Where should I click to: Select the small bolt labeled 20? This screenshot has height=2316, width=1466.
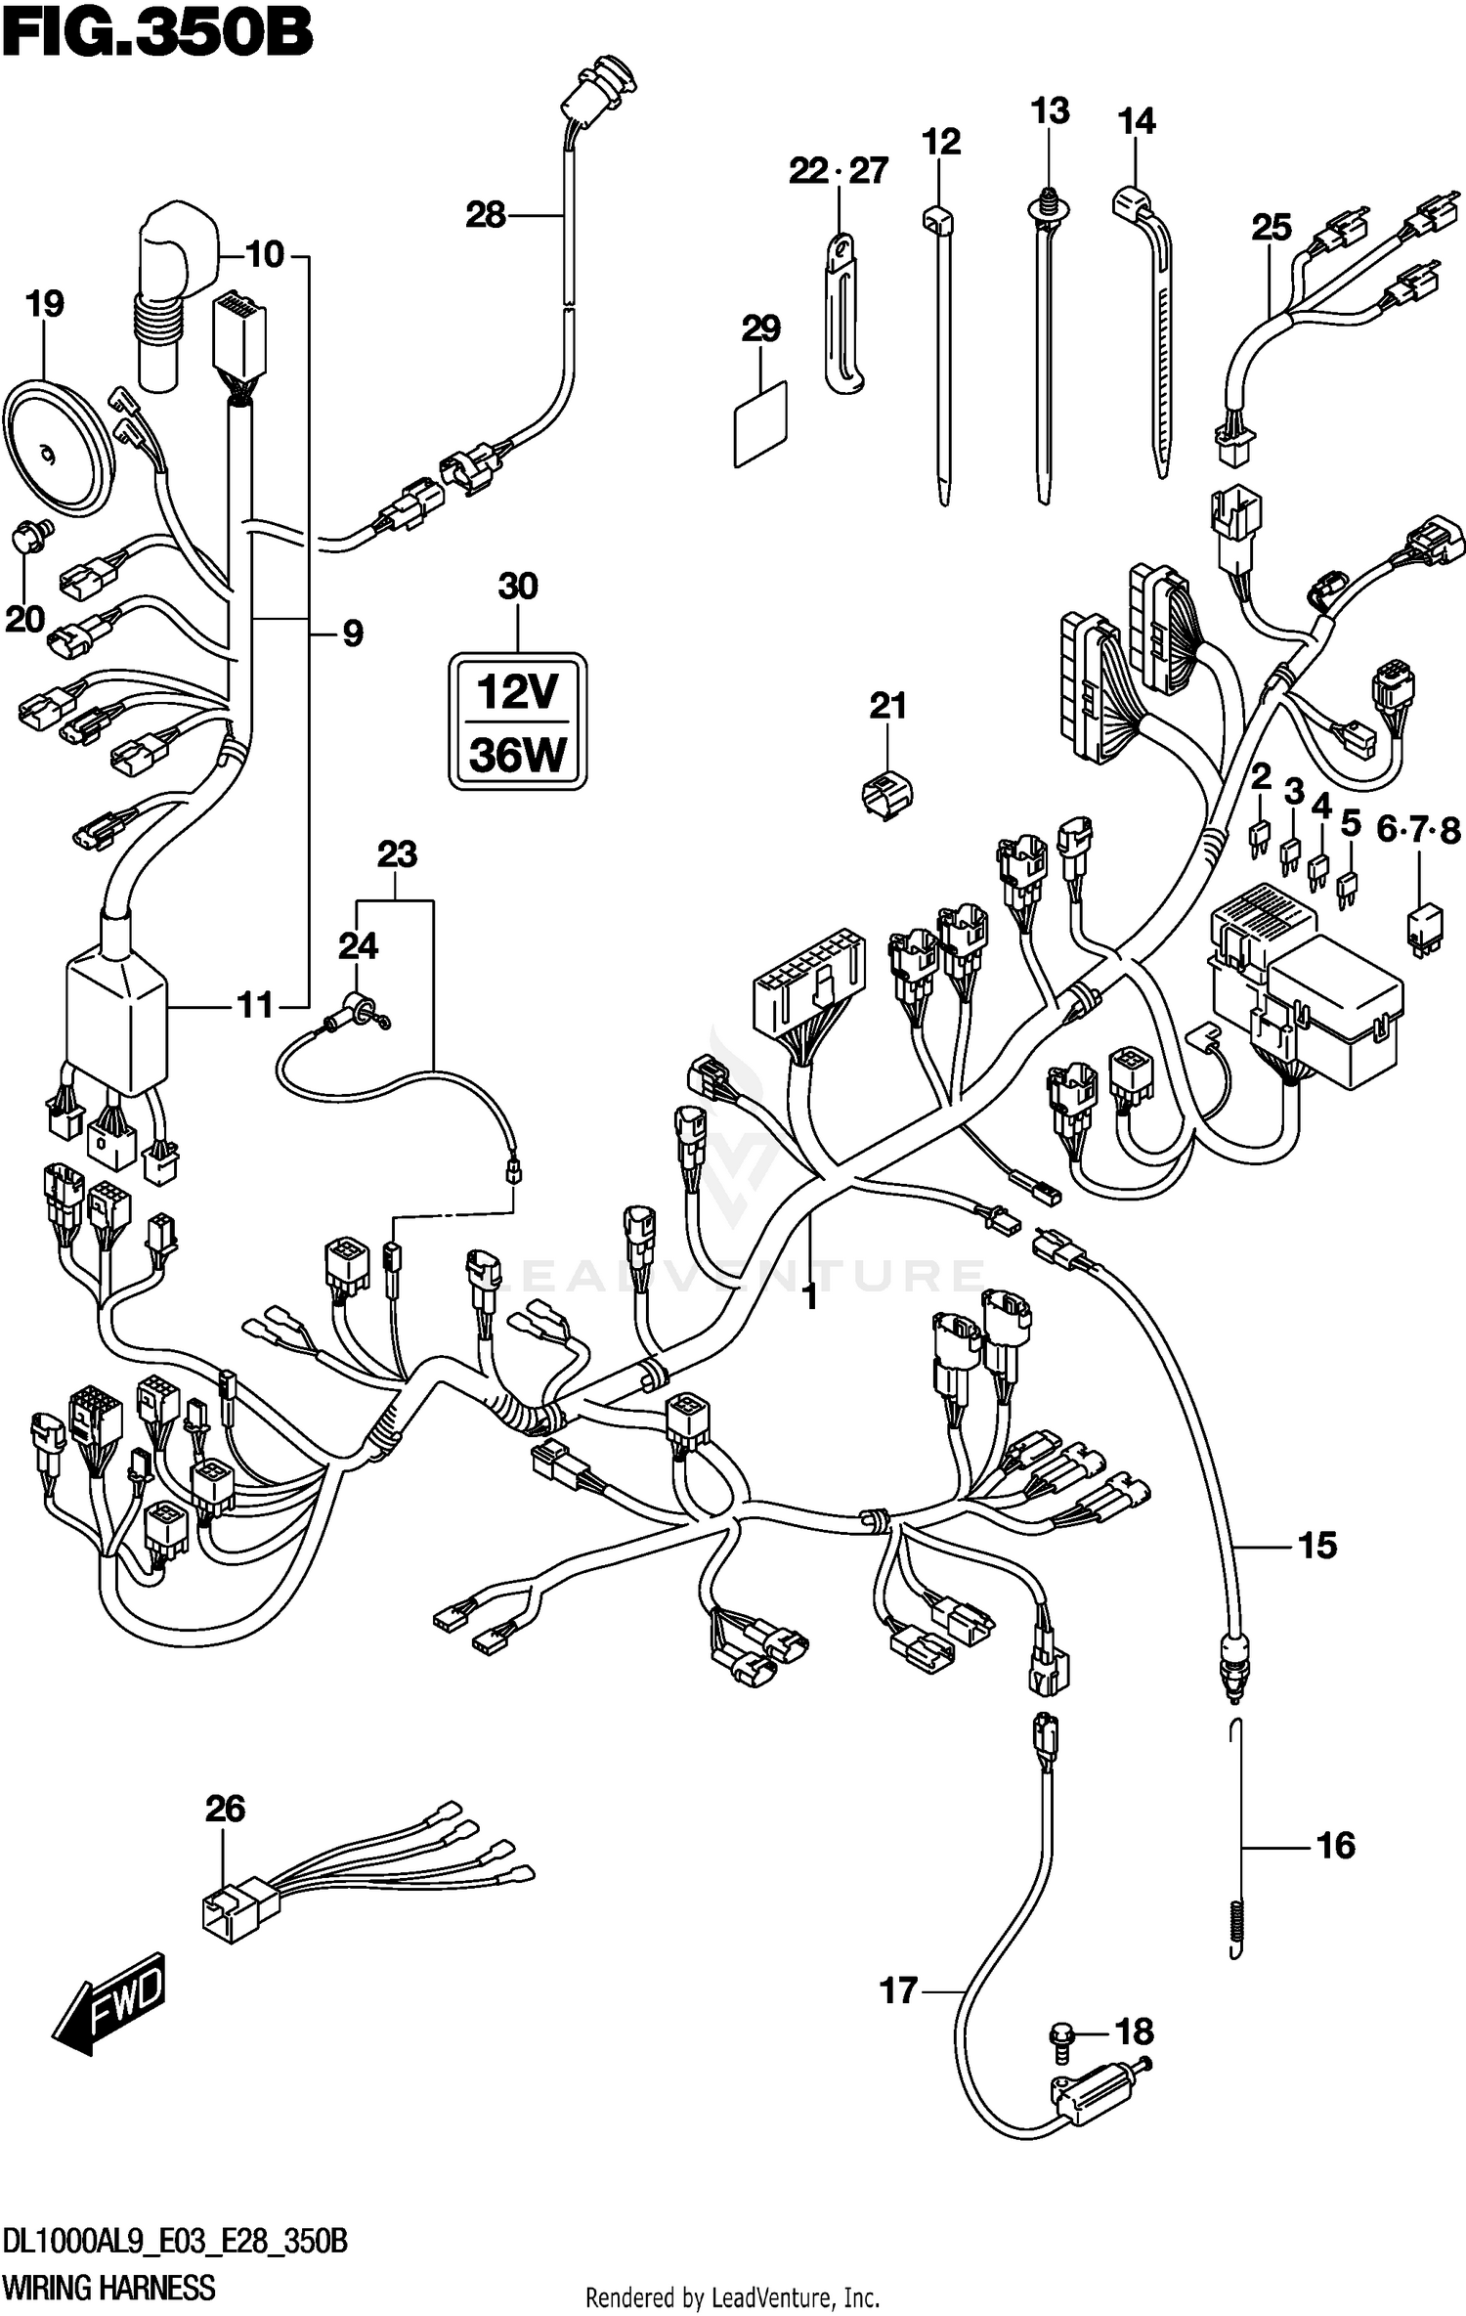pyautogui.click(x=31, y=537)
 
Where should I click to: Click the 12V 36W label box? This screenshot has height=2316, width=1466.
pyautogui.click(x=517, y=721)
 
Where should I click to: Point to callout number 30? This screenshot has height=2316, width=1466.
pyautogui.click(x=517, y=587)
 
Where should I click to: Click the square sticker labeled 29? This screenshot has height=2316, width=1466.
pyautogui.click(x=760, y=423)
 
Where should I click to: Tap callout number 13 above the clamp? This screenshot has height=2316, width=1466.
pyautogui.click(x=1050, y=110)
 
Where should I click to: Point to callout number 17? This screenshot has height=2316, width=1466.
pyautogui.click(x=898, y=1989)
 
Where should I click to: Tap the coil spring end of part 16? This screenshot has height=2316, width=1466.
pyautogui.click(x=1237, y=1925)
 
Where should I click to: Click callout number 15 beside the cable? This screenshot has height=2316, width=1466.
pyautogui.click(x=1316, y=1545)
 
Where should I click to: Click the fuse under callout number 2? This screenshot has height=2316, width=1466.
pyautogui.click(x=1259, y=837)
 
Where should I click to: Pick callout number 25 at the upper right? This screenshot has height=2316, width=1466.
pyautogui.click(x=1272, y=227)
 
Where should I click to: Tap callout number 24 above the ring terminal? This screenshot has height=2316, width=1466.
pyautogui.click(x=358, y=945)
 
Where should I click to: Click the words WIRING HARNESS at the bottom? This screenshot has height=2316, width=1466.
pyautogui.click(x=108, y=2288)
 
